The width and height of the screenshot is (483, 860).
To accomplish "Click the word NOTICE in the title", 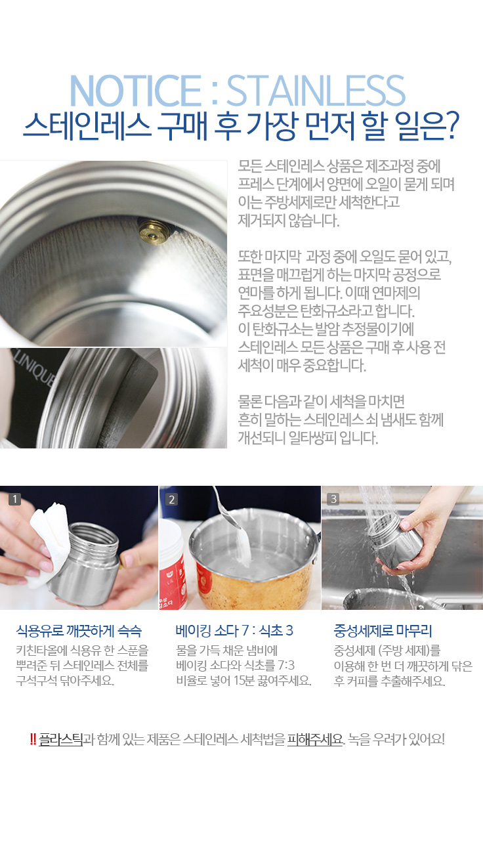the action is pyautogui.click(x=135, y=91).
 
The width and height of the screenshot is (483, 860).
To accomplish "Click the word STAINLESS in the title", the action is pyautogui.click(x=316, y=91).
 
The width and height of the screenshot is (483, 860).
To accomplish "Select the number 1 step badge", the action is pyautogui.click(x=14, y=499).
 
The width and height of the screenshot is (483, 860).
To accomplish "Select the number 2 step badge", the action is pyautogui.click(x=171, y=499).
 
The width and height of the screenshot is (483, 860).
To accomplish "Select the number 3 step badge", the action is pyautogui.click(x=333, y=499).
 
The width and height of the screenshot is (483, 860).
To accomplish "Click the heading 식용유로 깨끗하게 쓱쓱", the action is pyautogui.click(x=79, y=631).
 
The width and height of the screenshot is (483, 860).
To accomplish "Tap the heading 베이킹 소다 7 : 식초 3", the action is pyautogui.click(x=234, y=630).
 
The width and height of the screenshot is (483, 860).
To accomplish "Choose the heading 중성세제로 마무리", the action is pyautogui.click(x=383, y=631).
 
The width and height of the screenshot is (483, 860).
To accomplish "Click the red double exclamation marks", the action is pyautogui.click(x=33, y=739).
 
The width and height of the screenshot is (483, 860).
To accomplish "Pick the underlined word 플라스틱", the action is pyautogui.click(x=60, y=739).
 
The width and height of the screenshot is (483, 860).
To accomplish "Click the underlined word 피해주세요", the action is pyautogui.click(x=315, y=739).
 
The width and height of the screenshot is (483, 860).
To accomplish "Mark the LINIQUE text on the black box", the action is pyautogui.click(x=35, y=368).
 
